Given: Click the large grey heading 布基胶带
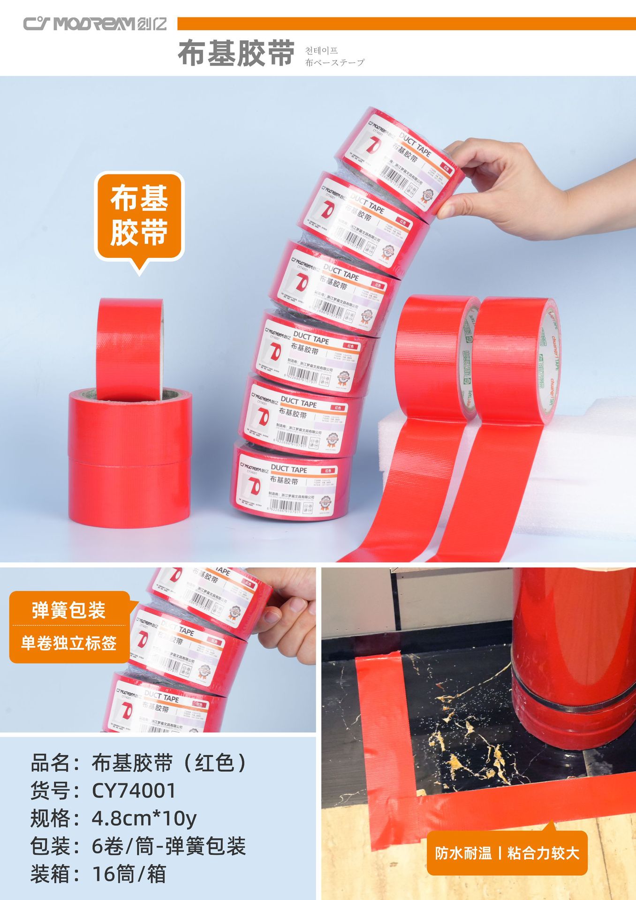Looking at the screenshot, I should (236, 53).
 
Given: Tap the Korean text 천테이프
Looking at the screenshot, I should (321, 50).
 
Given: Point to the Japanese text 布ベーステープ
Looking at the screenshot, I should (334, 62).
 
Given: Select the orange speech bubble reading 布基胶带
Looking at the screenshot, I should (139, 217).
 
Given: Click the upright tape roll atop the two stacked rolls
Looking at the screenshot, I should (130, 349).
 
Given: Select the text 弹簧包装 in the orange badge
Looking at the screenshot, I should (69, 610).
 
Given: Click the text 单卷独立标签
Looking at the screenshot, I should (69, 643).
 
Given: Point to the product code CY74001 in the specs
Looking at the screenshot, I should (134, 791).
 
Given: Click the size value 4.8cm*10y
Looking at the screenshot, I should (144, 818).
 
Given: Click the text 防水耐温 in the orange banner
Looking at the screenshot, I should (463, 853).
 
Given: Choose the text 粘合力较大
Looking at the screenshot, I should (543, 853).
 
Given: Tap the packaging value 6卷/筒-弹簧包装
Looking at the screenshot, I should (169, 846).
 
